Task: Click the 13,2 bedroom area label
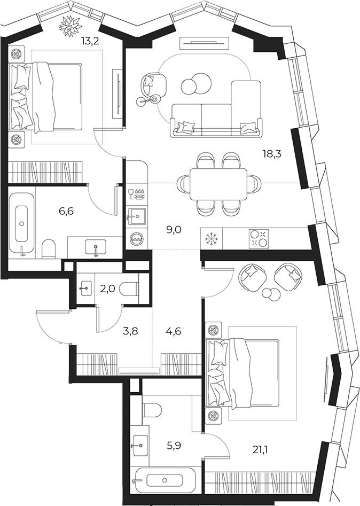pos(90,41)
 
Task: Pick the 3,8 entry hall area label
pos(131,331)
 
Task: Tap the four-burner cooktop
pos(259,239)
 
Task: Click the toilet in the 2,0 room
pos(129,289)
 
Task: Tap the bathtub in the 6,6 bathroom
pos(21,223)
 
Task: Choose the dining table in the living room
pos(218,184)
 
